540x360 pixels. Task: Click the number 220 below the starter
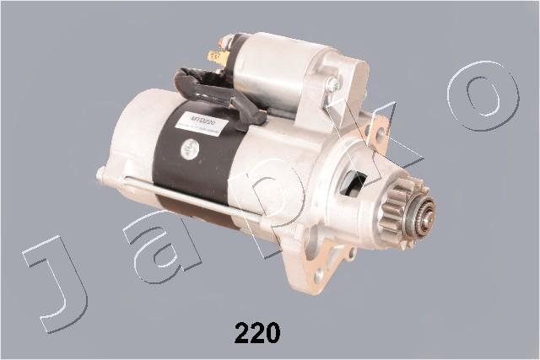[256, 333]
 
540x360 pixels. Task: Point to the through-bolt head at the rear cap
[100, 175]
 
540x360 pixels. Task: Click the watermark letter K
[380, 135]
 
